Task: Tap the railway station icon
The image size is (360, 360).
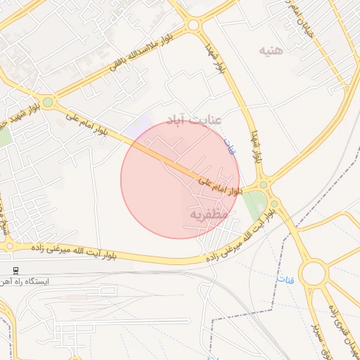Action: click(x=15, y=269)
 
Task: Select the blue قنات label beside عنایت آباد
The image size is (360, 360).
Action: click(x=229, y=146)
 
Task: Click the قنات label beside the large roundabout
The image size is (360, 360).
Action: click(x=285, y=279)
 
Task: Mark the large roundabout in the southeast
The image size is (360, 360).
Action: click(x=314, y=273)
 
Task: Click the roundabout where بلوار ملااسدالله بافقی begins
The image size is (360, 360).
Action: click(x=48, y=103)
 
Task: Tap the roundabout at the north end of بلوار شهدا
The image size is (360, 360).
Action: click(x=193, y=25)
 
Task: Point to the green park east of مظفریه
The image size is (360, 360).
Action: click(x=255, y=204)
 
